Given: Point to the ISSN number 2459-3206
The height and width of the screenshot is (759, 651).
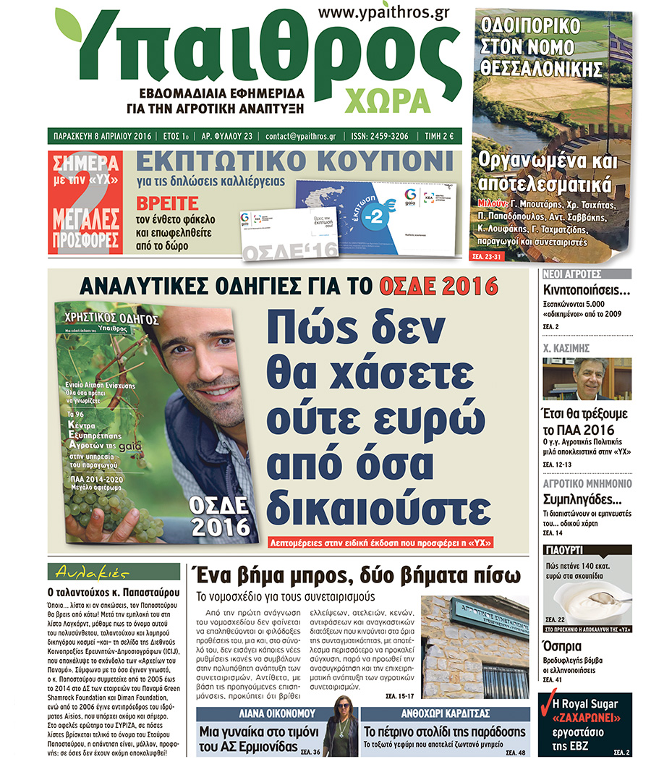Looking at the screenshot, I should [x=379, y=136].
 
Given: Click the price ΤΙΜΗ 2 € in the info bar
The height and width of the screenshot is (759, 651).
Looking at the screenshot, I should [x=438, y=136].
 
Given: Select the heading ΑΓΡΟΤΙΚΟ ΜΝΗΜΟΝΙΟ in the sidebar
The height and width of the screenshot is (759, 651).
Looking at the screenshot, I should [x=587, y=483].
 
